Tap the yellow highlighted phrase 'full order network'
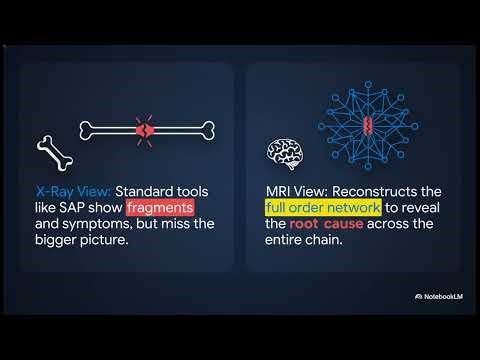pyautogui.click(x=322, y=207)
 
